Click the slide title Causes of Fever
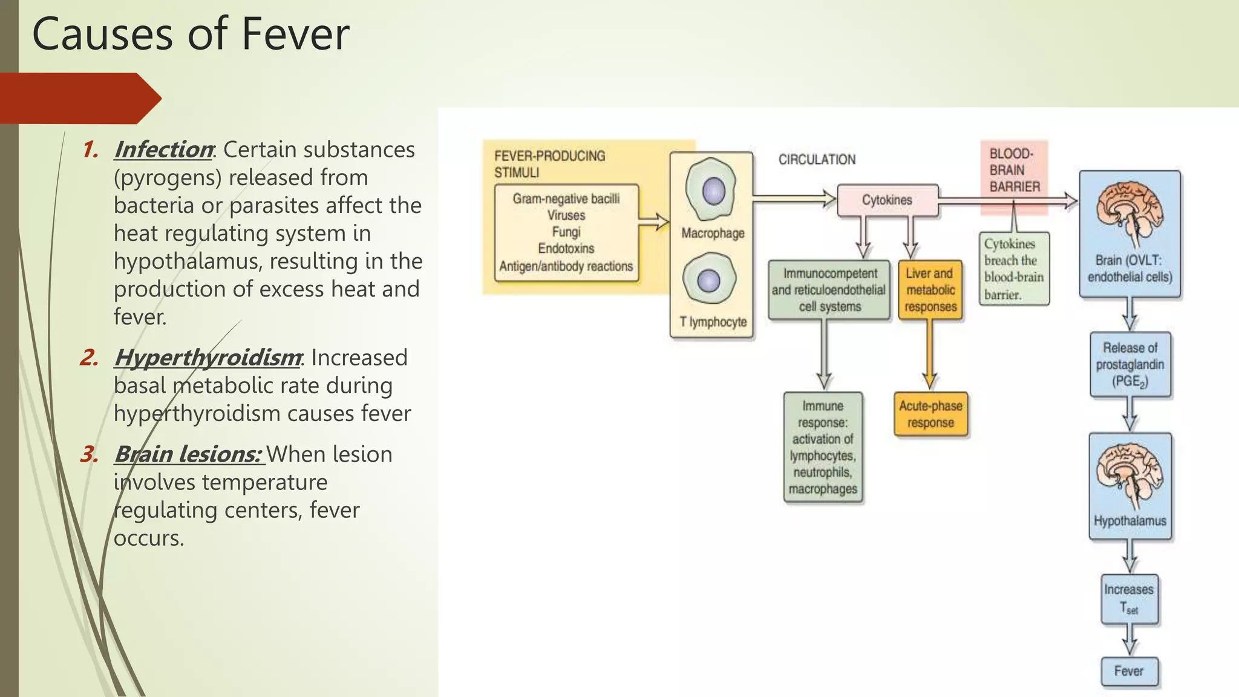(191, 34)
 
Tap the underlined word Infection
(163, 149)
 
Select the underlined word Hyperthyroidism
(207, 358)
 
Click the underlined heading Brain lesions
(188, 454)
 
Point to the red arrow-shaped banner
(79, 98)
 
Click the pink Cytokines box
(887, 200)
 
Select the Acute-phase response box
(930, 414)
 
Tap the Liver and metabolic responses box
(930, 290)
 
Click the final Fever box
(1129, 672)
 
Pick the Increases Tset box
(1129, 599)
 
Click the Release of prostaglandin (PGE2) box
(1130, 364)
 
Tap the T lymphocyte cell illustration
(710, 280)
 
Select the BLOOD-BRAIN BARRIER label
(1014, 171)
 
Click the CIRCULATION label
(817, 160)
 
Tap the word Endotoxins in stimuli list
(566, 249)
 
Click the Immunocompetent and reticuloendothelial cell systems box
(829, 290)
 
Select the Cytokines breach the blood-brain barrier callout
(1014, 269)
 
